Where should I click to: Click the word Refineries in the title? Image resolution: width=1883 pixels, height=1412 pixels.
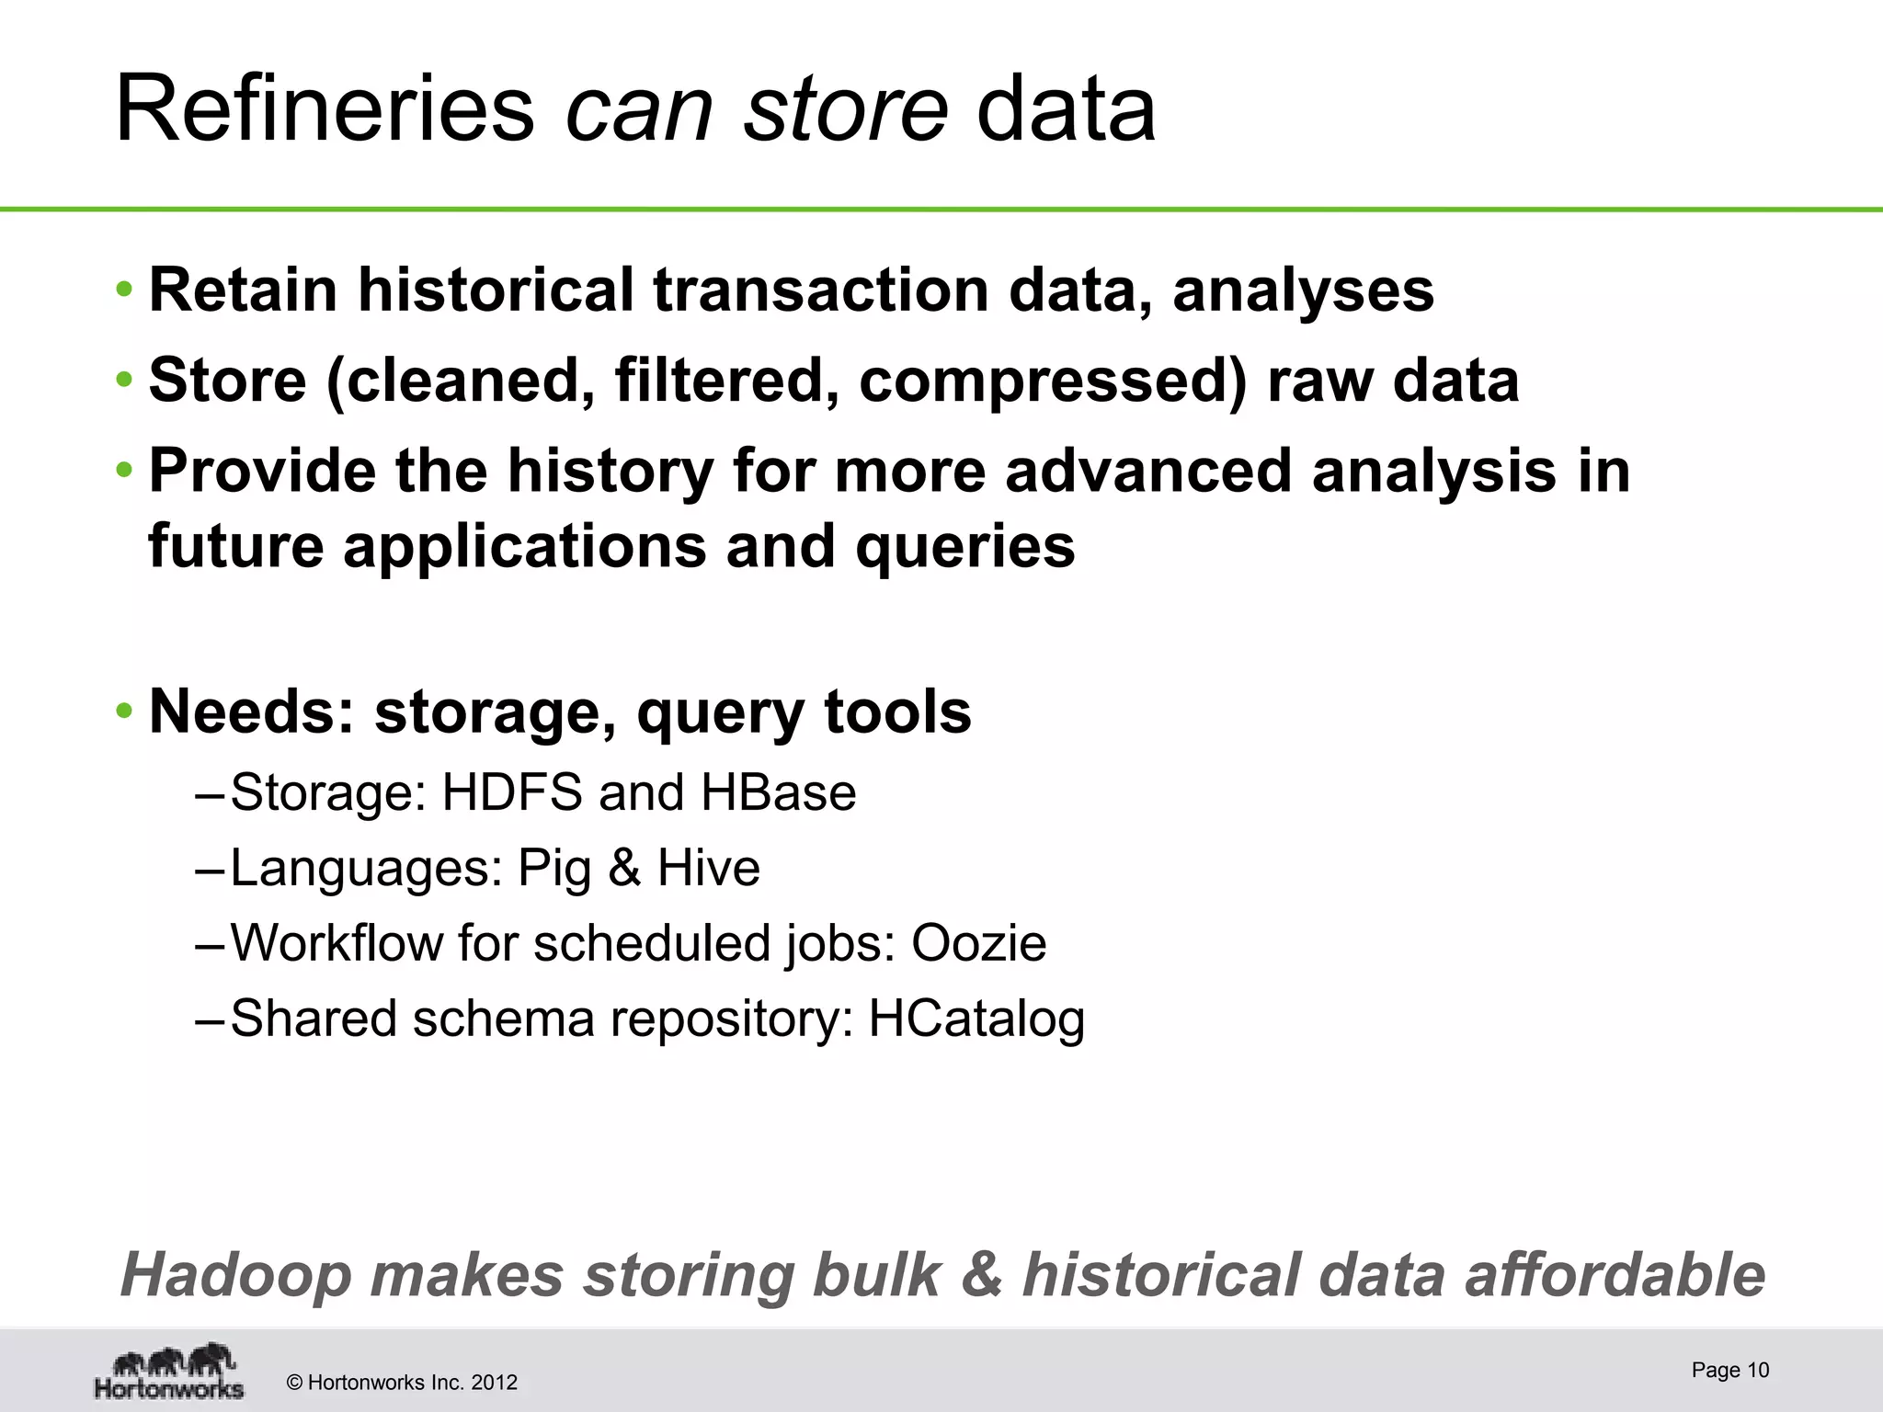[324, 109]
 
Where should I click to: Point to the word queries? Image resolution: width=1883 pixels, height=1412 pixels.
[964, 546]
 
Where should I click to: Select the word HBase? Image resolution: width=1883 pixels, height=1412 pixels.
[778, 792]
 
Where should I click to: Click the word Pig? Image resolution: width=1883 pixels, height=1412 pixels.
[553, 869]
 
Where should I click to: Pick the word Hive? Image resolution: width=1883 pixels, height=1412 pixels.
[709, 868]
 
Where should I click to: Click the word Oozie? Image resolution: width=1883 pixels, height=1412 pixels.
[978, 943]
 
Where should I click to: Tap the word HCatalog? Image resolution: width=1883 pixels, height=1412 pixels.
[976, 1019]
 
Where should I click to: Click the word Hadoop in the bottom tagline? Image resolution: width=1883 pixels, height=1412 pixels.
[236, 1275]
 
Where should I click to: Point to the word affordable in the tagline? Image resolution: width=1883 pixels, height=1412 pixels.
[1615, 1275]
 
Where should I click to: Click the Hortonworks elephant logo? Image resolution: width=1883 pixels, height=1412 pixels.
[170, 1371]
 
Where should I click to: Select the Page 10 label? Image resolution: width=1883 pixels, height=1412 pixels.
[1729, 1370]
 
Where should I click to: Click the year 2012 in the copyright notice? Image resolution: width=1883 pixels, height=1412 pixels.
[494, 1383]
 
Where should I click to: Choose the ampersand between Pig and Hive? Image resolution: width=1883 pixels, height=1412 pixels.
[624, 868]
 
